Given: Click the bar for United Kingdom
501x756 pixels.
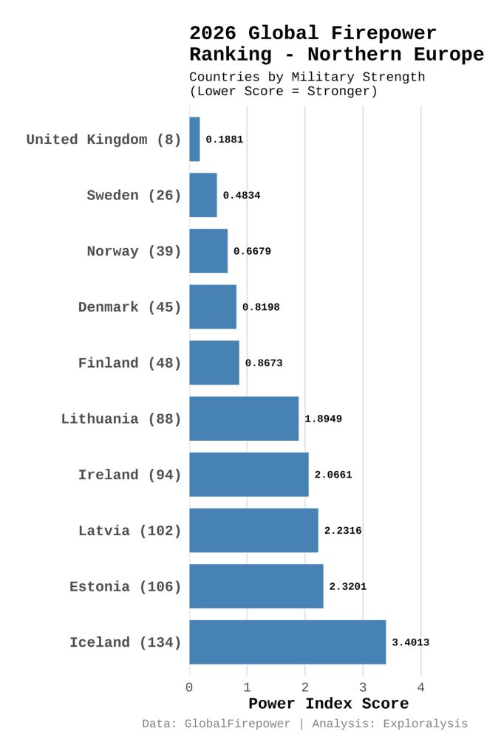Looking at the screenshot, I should point(194,140).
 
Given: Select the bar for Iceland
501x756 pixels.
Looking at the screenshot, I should point(287,642).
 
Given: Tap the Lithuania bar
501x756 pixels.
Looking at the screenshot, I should point(244,419).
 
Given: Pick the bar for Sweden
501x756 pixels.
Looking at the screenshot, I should point(203,196).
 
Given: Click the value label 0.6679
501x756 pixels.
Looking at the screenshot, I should point(252,252).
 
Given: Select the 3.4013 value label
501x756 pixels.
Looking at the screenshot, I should point(410,643).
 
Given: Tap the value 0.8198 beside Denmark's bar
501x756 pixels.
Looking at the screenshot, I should point(261,307).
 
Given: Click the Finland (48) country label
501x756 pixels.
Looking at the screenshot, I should point(129,363).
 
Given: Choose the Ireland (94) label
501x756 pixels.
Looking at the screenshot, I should point(129,475).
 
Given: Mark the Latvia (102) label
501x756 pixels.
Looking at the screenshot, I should point(129,531).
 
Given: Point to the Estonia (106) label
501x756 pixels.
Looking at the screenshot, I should point(125,587).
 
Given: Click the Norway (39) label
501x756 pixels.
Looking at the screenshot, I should point(134,252).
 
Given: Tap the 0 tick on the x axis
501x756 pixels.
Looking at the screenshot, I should point(189,687).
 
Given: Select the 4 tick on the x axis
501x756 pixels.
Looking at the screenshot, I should point(420,687).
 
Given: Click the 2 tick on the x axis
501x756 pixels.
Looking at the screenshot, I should point(305,687).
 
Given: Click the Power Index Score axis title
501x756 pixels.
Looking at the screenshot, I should point(328,704).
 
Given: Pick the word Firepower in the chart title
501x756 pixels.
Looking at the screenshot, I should point(389,33).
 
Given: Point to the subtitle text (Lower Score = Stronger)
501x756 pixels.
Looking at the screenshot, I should point(284,92).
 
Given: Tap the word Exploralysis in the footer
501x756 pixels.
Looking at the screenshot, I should point(425,724).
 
